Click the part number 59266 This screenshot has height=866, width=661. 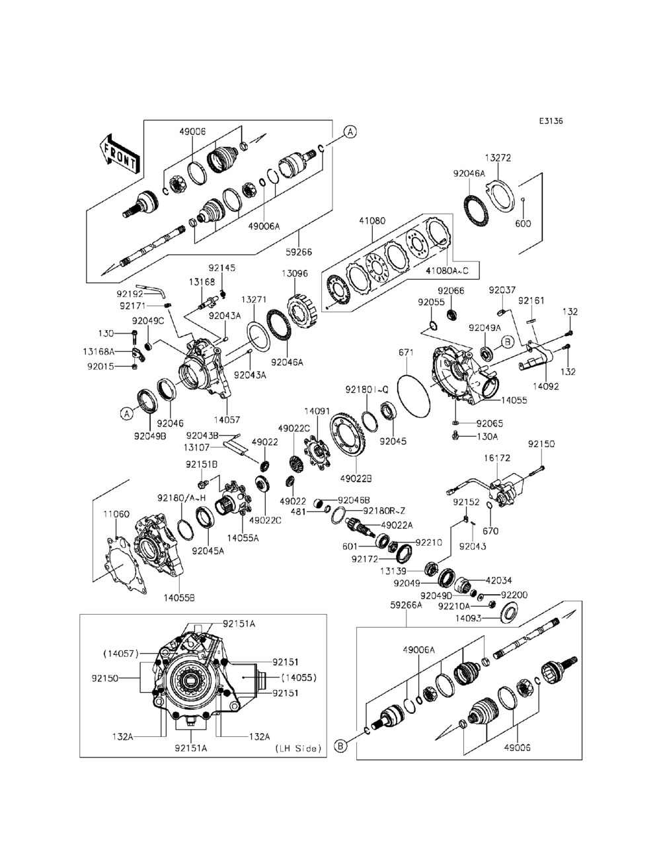298,252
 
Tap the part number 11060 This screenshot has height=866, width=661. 116,513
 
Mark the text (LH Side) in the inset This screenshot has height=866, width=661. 298,748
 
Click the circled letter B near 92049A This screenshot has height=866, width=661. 507,342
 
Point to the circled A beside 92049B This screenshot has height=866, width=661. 125,413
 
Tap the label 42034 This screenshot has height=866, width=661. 499,580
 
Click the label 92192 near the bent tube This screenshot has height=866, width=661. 130,293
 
